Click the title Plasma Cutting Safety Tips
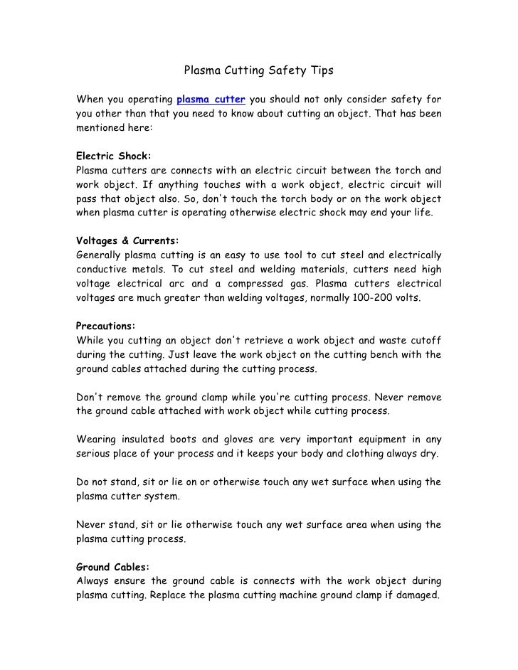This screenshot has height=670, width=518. pos(259,71)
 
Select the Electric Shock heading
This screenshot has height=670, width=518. pos(113,155)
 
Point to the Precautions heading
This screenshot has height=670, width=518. pos(105,326)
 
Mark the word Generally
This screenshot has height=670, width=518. pos(98,255)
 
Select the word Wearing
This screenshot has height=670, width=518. pos(97,440)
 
